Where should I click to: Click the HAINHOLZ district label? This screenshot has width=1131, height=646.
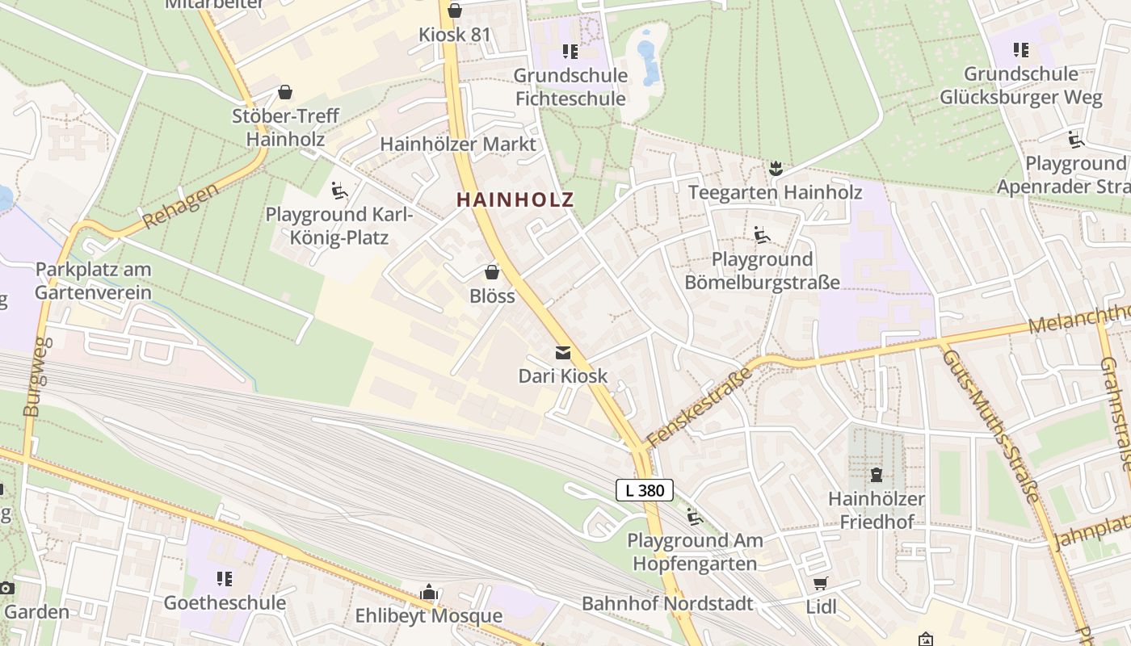pos(515,199)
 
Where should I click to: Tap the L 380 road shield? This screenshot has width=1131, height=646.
pos(645,490)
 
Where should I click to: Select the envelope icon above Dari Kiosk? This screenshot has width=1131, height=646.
pos(562,353)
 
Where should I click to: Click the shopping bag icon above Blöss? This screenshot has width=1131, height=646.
pos(492,272)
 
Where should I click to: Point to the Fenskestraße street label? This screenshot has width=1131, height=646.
pos(700,401)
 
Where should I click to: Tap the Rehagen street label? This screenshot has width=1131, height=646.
pos(180,206)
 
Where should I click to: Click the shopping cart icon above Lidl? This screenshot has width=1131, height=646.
pos(821,583)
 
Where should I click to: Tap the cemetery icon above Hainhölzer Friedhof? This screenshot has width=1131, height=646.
pos(877,474)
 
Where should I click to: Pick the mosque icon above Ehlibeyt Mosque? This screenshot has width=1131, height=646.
pos(429,593)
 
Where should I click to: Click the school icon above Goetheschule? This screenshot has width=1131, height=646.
pos(225,578)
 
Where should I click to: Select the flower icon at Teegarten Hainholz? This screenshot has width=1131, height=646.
pos(776,168)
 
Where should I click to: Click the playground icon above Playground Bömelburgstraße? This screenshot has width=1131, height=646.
pos(762,235)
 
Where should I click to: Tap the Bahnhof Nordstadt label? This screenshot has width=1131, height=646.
pos(667,603)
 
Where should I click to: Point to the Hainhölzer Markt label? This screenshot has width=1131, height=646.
pos(457,145)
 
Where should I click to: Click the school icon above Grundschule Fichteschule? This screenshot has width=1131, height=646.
pos(570,52)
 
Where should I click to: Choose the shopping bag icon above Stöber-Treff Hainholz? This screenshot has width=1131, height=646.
pos(285,92)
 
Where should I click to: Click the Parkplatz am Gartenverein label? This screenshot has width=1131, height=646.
pos(93,280)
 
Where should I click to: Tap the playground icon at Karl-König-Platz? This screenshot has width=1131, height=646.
pos(339,191)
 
